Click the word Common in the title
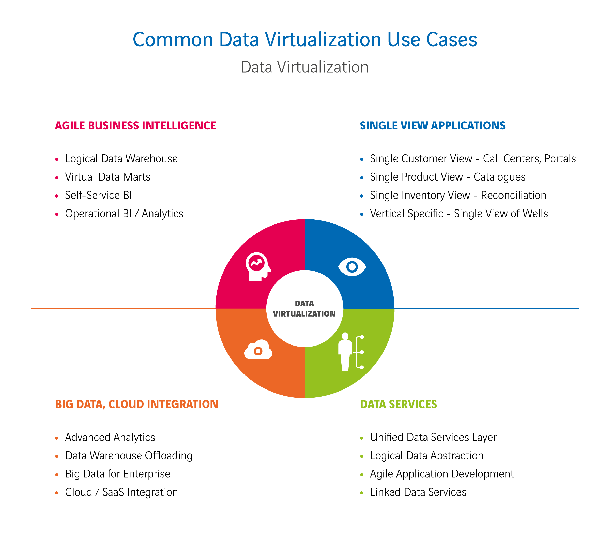pyautogui.click(x=173, y=40)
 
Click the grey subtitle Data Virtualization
pyautogui.click(x=304, y=67)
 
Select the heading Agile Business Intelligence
pyautogui.click(x=135, y=126)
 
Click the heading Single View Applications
pyautogui.click(x=432, y=126)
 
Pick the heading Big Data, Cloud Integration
pyautogui.click(x=137, y=404)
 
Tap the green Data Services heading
pyautogui.click(x=399, y=404)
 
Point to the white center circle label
pyautogui.click(x=304, y=309)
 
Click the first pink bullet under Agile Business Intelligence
pyautogui.click(x=57, y=159)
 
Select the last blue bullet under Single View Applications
pyautogui.click(x=362, y=214)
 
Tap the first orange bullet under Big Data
pyautogui.click(x=57, y=438)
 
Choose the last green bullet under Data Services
pyautogui.click(x=362, y=493)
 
